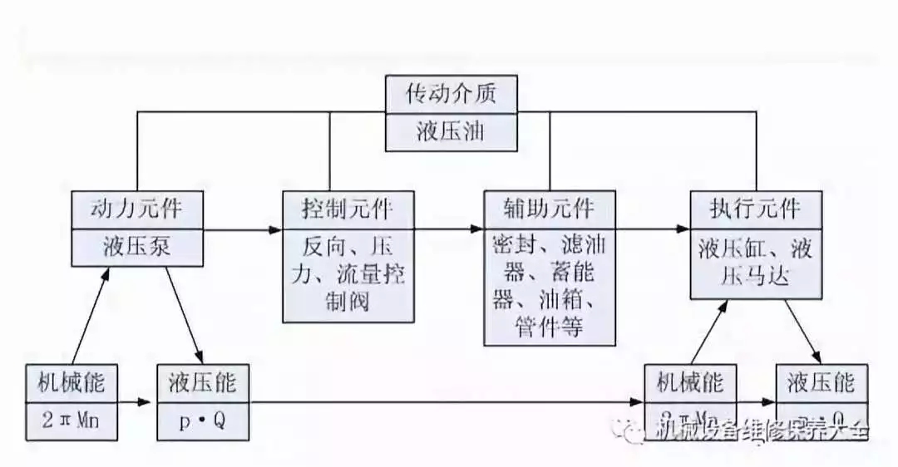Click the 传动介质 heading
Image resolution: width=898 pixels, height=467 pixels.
point(451,93)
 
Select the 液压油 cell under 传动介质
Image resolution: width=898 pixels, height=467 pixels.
point(451,132)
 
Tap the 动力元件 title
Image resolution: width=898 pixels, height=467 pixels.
point(136,208)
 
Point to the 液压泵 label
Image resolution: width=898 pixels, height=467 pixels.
point(136,247)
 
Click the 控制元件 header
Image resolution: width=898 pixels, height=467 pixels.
point(348,208)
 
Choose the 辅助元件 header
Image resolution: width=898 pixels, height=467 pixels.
point(550,208)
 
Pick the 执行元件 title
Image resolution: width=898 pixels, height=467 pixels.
point(756,208)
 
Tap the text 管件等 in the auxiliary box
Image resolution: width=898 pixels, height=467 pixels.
point(550,326)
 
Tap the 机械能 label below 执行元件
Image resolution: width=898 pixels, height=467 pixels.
point(690,383)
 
